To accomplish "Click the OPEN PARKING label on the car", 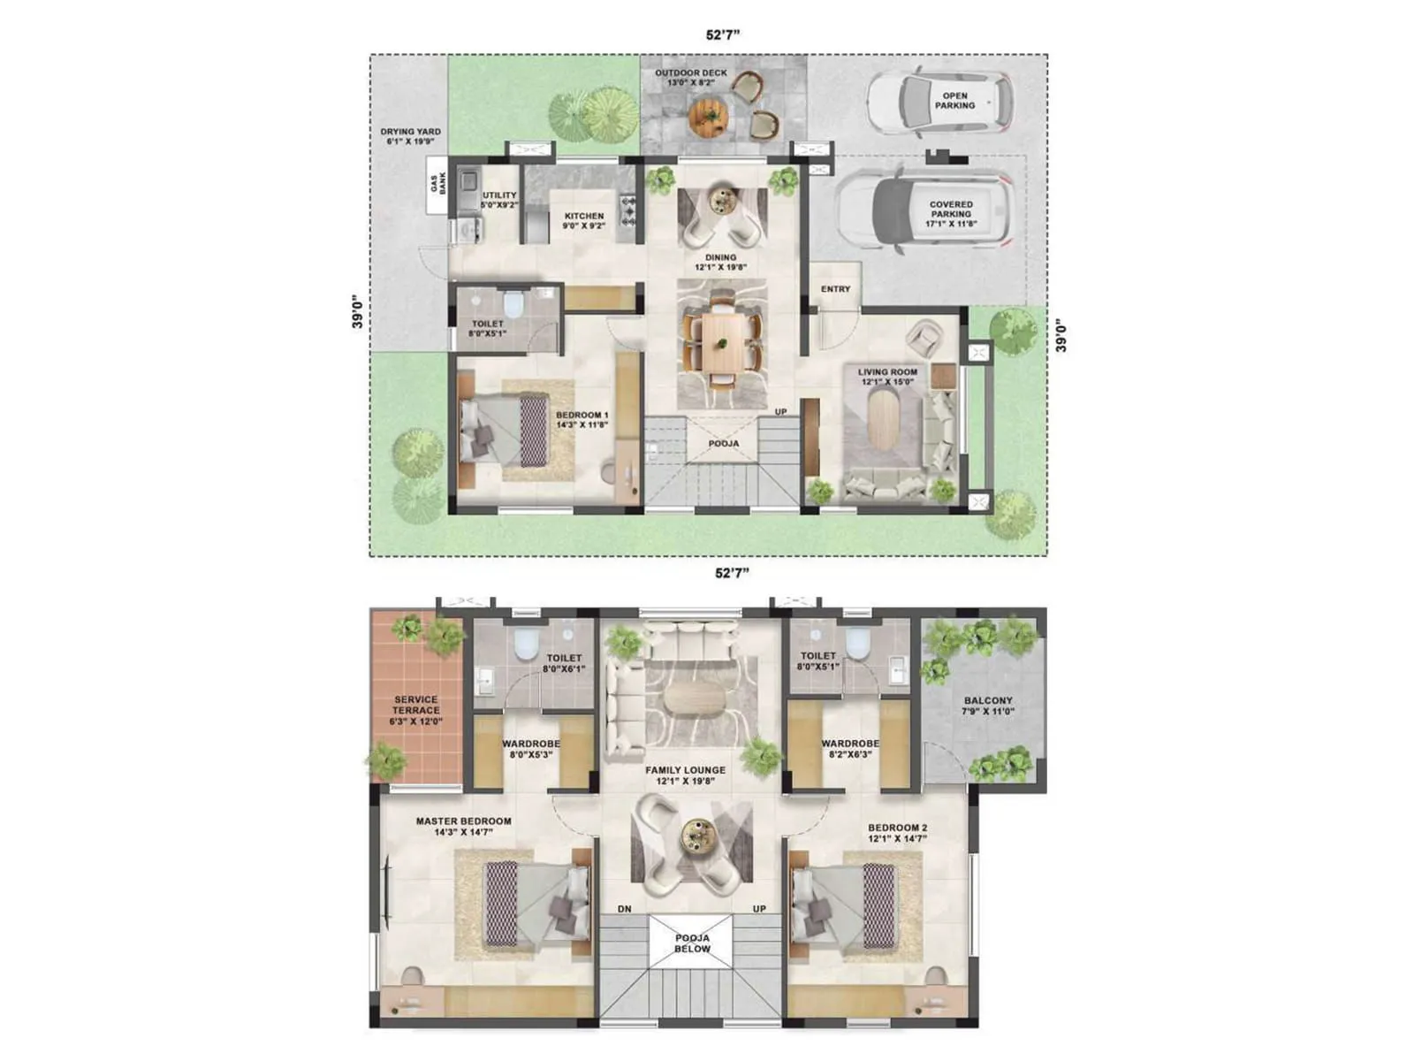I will pos(954,100).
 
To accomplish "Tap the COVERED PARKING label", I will pos(950,213).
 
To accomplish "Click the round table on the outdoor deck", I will pos(707,115).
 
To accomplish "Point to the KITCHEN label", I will pos(584,220).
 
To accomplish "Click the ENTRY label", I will pos(835,289).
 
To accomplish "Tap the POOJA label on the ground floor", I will pos(724,444).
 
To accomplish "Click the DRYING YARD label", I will pos(411,136).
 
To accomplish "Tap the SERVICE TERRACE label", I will pos(416,710).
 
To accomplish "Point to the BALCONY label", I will pos(988,706).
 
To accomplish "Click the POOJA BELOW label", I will pos(692,943).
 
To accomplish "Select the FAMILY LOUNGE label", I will pos(685,775).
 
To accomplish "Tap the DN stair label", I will pos(625,909).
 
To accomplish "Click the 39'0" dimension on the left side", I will pos(357,311).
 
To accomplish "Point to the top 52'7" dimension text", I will pos(722,35).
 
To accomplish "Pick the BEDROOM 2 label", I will pos(897,833).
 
